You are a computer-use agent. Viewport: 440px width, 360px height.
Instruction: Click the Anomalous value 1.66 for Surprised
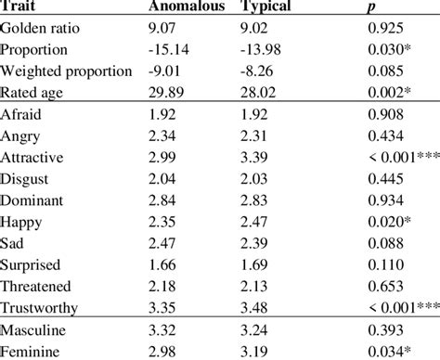162,264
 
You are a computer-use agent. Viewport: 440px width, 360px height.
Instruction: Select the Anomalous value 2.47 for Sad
162,243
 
